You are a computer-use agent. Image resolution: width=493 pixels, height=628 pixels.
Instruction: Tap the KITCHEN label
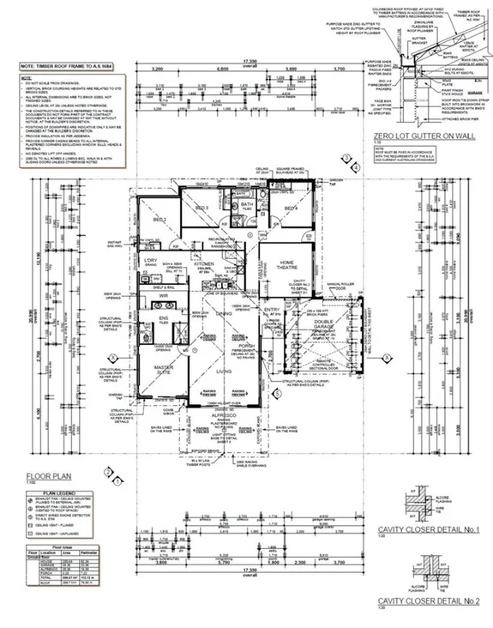coord(202,264)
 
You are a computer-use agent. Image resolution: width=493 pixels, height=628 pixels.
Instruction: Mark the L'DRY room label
coord(150,260)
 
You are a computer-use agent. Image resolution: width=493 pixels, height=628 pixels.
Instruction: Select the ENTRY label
coord(272,310)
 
